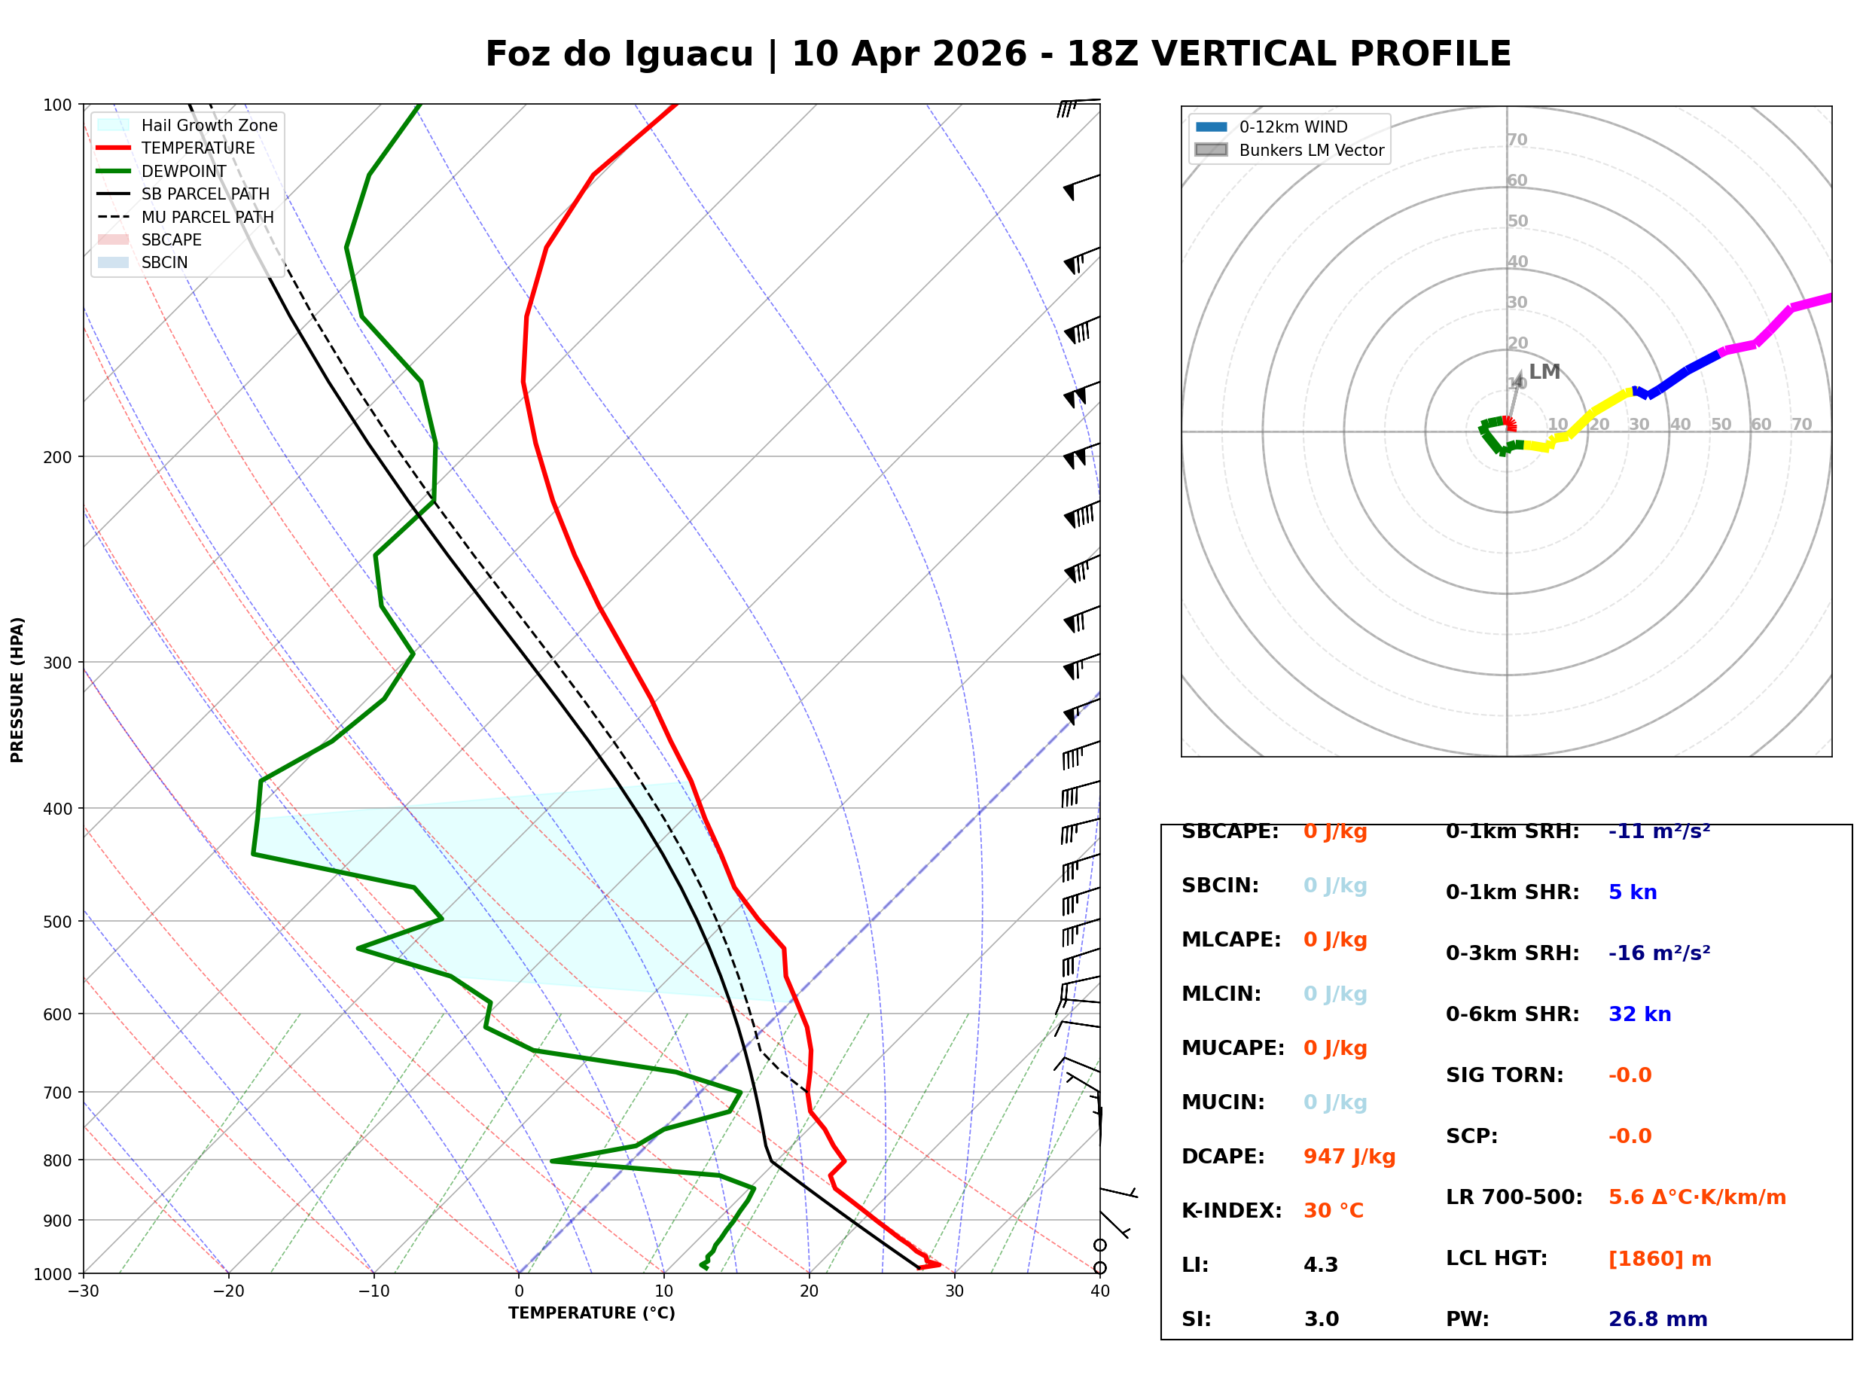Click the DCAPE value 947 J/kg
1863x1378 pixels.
[x=1349, y=1156]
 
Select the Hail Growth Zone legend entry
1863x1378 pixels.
[x=209, y=125]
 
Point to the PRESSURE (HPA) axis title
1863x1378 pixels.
[x=17, y=689]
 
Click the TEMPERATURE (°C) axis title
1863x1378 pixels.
[x=591, y=1313]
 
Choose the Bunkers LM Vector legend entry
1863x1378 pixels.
[x=1310, y=150]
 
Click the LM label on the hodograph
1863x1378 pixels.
[x=1544, y=371]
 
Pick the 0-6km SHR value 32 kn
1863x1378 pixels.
[x=1639, y=1014]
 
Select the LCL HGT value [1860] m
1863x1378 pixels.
[x=1659, y=1259]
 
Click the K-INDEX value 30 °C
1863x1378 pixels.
[x=1333, y=1210]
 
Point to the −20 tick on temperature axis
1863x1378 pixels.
[x=228, y=1291]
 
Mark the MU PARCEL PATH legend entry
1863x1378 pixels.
[x=207, y=217]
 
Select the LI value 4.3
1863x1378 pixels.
[x=1320, y=1264]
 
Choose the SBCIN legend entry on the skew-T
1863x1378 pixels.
[x=164, y=263]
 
